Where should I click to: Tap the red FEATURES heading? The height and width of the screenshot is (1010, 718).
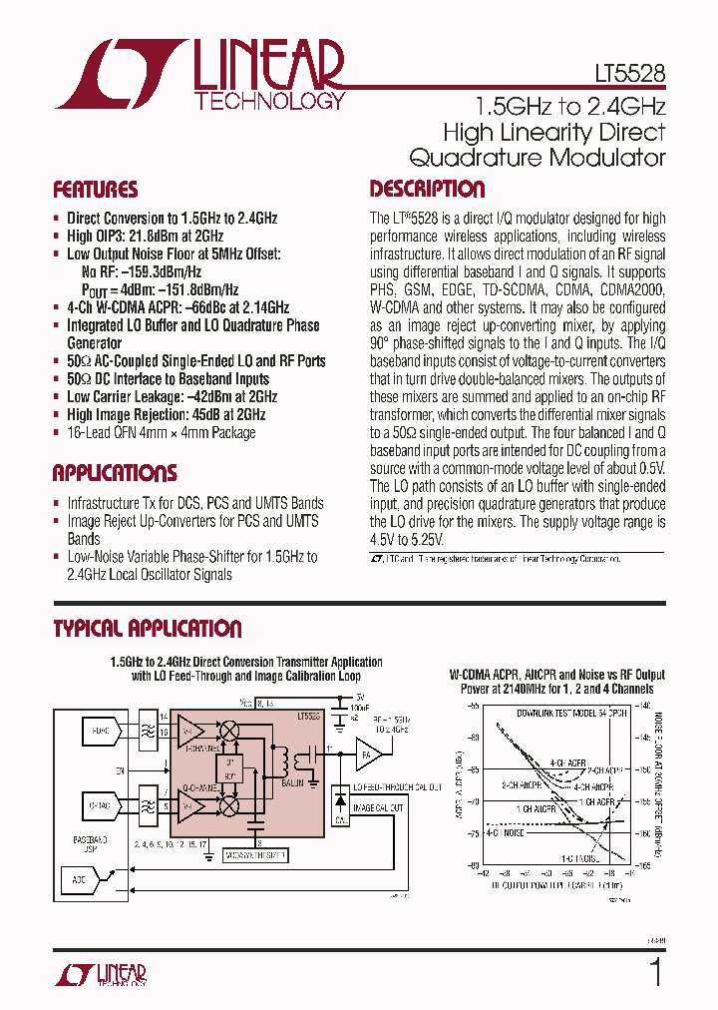95,190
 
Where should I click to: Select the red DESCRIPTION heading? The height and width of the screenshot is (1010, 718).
427,189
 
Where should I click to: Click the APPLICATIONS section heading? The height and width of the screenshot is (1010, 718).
114,473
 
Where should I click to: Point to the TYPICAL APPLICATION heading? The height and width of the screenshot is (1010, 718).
147,629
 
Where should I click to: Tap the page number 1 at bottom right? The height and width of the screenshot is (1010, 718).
655,972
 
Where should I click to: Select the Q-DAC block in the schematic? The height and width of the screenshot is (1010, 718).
101,802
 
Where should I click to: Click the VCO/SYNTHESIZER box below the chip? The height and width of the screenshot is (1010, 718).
255,855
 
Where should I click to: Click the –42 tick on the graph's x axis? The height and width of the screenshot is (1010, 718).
483,873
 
